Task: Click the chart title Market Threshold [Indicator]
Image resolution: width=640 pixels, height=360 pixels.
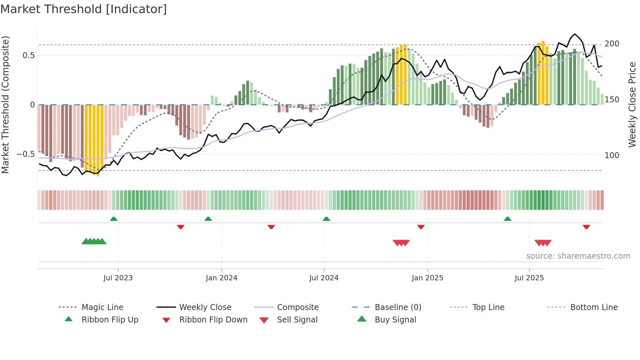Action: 84,9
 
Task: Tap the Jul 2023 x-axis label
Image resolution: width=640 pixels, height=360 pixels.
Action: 118,278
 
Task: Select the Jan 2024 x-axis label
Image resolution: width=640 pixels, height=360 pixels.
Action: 221,278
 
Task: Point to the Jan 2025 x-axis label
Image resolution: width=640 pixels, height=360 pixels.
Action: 427,278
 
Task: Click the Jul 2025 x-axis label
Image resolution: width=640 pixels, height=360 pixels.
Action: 529,278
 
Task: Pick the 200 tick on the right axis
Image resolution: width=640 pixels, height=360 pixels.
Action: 612,44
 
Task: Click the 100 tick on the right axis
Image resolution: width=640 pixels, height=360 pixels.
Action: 612,155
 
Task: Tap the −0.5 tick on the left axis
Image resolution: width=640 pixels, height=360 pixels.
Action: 25,154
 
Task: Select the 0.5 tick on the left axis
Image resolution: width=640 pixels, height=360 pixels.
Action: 28,56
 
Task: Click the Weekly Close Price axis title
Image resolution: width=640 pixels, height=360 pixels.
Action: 632,105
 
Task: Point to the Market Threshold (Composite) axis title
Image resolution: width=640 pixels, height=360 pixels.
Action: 5,105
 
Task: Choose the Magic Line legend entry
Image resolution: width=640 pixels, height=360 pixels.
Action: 102,307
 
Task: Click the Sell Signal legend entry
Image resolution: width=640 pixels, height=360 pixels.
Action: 297,320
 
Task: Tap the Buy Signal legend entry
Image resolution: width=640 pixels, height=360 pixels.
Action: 395,320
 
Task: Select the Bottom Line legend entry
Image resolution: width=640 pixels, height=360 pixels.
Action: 594,307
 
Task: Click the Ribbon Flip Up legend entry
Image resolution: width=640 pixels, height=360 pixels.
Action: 110,320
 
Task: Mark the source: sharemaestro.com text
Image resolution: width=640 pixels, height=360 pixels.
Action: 578,256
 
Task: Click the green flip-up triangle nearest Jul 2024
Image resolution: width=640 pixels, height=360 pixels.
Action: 326,219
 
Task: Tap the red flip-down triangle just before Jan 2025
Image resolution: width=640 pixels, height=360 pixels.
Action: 421,227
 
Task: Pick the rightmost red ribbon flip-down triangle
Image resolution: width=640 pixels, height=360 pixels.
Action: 586,227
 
